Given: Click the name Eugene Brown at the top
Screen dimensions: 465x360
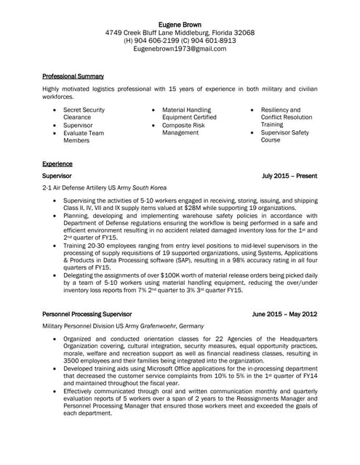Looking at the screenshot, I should click(x=180, y=24).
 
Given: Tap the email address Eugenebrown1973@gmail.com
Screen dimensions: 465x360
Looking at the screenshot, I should click(x=180, y=49).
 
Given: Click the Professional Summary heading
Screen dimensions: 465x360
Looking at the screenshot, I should click(x=73, y=76).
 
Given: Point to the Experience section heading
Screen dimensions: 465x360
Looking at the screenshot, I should click(x=57, y=164).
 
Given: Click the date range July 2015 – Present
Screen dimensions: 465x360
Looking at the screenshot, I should click(x=289, y=176).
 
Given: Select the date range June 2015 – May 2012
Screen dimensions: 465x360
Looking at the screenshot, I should click(x=284, y=315).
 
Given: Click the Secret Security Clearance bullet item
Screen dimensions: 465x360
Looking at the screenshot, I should click(x=83, y=113).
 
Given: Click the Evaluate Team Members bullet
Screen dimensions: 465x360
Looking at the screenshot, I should click(x=83, y=137).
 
